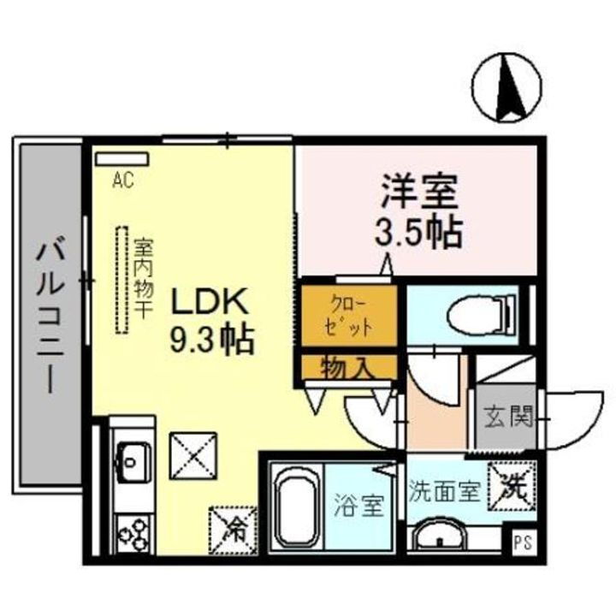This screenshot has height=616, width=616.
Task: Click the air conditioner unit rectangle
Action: [x=121, y=159]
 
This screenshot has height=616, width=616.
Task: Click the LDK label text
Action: [x=210, y=302]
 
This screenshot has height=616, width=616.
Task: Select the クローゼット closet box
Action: [x=349, y=315]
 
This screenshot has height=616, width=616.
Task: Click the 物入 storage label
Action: [x=347, y=368]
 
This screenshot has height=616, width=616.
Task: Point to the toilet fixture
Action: [x=480, y=314]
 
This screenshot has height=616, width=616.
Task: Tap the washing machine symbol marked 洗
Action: [x=512, y=485]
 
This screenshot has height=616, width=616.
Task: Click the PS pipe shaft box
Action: [x=521, y=542]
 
